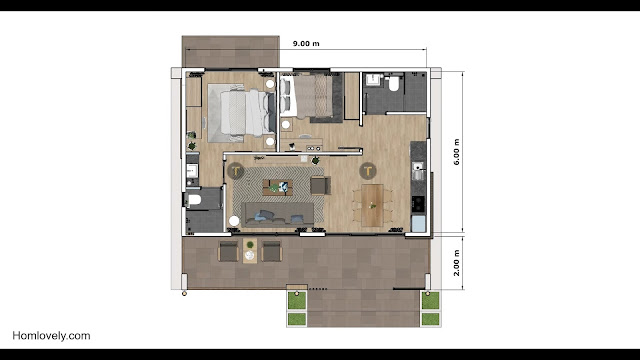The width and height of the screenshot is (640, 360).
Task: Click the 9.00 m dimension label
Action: coord(306,44)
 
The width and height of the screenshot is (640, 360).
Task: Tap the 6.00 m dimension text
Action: coord(456,152)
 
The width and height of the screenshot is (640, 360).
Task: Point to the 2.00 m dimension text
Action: coord(456,263)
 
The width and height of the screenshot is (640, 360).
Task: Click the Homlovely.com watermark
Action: coord(51,336)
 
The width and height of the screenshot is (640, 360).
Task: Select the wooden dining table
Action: coord(372,205)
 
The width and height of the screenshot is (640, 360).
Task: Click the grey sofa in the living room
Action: coord(278,214)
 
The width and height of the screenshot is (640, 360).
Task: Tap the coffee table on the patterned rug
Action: coord(278,187)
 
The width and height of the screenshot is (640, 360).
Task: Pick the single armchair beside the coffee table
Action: coord(320,186)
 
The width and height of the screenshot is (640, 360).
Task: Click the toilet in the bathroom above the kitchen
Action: coord(393,83)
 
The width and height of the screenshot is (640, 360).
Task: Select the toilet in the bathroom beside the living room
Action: coord(194,200)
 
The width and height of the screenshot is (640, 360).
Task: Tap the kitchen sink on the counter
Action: coord(418,171)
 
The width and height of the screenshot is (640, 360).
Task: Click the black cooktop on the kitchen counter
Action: coord(418,204)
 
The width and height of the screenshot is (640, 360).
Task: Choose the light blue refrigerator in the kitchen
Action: coord(418,224)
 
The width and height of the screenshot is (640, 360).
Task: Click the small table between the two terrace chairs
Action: coord(250,251)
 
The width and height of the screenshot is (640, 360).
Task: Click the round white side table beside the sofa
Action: coord(234,221)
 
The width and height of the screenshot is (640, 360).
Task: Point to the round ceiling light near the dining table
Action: coord(368,171)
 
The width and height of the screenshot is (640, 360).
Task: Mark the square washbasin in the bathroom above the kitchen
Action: coord(373,80)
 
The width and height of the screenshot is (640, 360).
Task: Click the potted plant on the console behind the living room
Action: coord(316,160)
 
